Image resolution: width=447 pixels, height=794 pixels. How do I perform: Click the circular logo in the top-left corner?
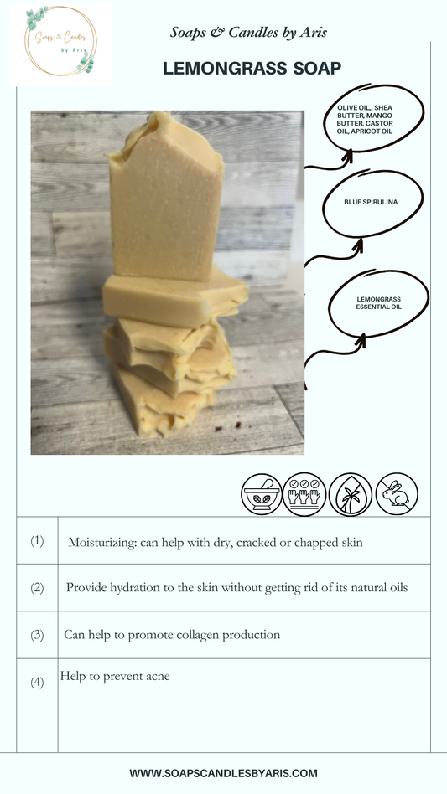[x=60, y=42]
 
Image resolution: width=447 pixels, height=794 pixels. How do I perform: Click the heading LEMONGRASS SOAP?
[x=252, y=69]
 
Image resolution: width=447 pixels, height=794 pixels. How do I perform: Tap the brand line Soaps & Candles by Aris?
[x=248, y=33]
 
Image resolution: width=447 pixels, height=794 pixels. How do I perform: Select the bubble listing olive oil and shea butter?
[x=374, y=118]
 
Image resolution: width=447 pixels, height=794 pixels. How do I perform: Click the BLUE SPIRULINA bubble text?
[x=371, y=202]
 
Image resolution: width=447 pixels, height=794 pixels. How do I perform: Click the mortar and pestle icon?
[x=262, y=495]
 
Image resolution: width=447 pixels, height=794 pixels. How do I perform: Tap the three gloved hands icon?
[x=304, y=495]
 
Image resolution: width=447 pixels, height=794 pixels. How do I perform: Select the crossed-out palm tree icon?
[x=351, y=495]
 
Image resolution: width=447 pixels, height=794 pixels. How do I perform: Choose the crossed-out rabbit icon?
[x=397, y=494]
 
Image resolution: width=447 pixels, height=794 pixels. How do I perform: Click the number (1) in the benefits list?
[x=37, y=540]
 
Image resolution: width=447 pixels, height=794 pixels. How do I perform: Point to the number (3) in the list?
[x=37, y=635]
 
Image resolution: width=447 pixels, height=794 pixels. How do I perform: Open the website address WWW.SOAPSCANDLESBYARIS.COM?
[x=223, y=773]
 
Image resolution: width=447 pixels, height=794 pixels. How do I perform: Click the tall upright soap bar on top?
[x=166, y=198]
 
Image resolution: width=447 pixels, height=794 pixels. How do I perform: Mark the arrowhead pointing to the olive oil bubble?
[x=348, y=156]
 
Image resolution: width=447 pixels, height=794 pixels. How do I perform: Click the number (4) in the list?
[x=37, y=682]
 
